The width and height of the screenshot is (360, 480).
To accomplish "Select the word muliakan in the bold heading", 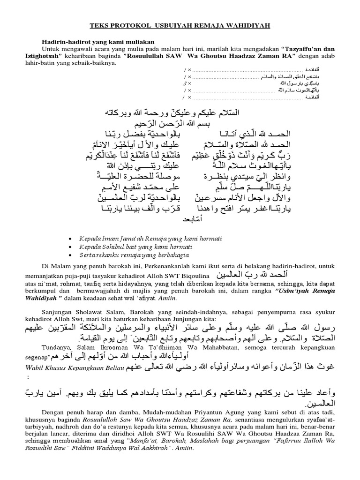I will [x=140, y=42].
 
